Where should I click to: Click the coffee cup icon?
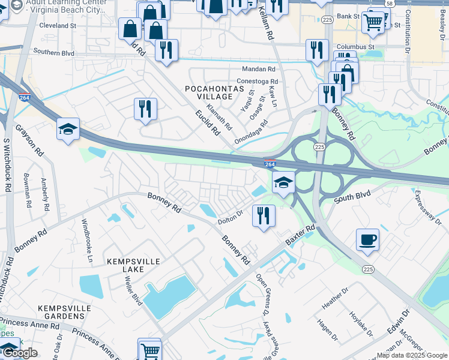367,239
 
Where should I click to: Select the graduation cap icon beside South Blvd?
283,182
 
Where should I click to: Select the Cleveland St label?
58,26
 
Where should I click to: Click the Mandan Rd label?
258,70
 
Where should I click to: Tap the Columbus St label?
355,46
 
